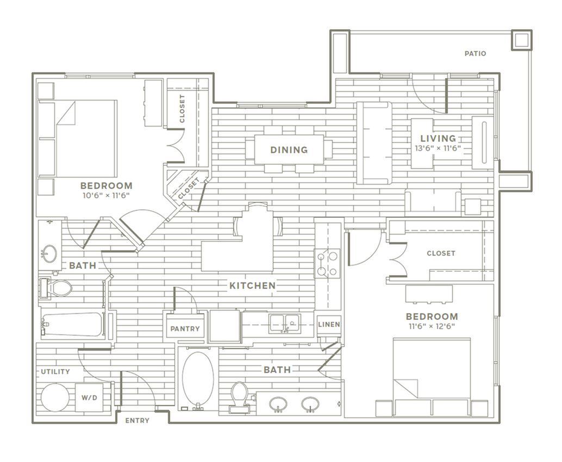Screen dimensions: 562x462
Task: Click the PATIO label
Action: (475, 54)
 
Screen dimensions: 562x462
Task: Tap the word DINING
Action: (289, 150)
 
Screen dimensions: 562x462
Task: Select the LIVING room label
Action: (438, 138)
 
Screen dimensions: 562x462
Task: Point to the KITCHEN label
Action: (252, 286)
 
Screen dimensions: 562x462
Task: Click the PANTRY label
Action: (185, 328)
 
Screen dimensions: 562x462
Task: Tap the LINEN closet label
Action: (329, 324)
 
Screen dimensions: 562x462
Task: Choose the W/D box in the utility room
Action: (89, 397)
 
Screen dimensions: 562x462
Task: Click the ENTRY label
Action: (138, 420)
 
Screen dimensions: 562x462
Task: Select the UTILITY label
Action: (55, 371)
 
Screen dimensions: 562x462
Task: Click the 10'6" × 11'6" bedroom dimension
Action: (106, 195)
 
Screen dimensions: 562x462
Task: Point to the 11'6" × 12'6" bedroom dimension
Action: (432, 326)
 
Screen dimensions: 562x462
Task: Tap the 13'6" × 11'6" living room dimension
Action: (438, 148)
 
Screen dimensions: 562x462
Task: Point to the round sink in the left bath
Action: (48, 254)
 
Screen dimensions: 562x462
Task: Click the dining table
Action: (289, 149)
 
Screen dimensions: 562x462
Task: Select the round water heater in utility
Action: (55, 397)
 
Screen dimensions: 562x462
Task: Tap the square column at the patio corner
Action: (521, 40)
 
